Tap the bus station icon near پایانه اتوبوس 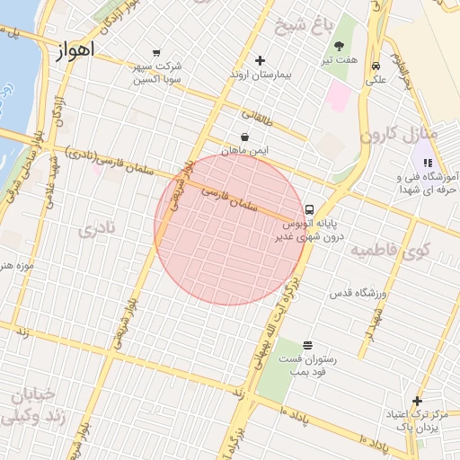(309, 208)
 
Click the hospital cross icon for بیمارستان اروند (260, 61)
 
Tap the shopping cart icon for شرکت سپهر (157, 52)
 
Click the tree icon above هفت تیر (340, 46)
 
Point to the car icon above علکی (375, 66)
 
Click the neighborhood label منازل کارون (398, 135)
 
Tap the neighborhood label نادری (96, 229)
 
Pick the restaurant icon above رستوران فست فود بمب (308, 345)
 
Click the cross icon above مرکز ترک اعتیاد (416, 401)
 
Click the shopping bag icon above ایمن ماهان (245, 137)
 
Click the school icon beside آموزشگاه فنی (428, 163)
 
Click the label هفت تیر (342, 60)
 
